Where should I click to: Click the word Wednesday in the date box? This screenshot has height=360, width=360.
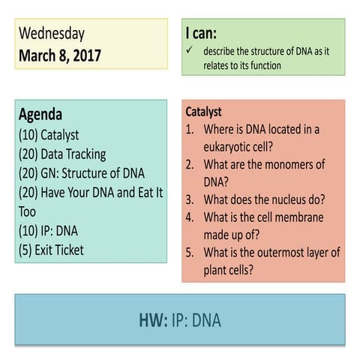tap(52, 34)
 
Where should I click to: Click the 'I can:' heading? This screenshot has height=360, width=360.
tap(202, 34)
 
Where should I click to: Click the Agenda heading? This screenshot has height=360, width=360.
tap(40, 115)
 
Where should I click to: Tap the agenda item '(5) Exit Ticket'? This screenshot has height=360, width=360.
tap(52, 250)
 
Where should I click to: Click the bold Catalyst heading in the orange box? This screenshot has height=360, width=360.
tap(203, 112)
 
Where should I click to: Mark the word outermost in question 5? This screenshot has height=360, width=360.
tap(289, 253)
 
